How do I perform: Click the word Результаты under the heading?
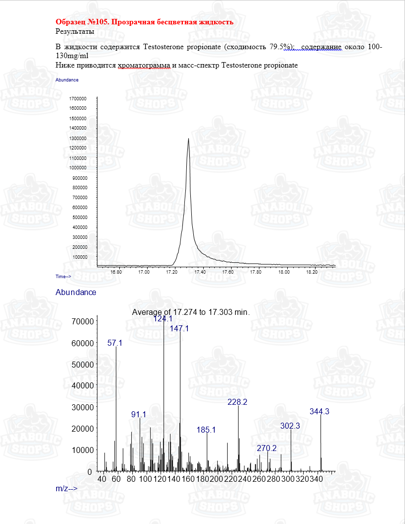tap(75, 31)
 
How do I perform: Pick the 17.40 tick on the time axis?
tap(200, 272)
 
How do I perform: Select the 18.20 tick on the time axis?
tap(312, 272)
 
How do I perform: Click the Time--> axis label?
tap(63, 276)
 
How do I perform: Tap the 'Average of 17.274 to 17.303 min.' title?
tap(191, 312)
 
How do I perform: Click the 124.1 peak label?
tap(163, 319)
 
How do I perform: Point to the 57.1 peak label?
tap(115, 343)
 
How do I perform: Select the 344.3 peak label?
tap(320, 411)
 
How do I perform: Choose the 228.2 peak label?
tap(238, 401)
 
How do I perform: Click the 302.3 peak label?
tap(290, 426)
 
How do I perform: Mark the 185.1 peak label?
tap(206, 430)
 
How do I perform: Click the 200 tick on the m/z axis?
tap(217, 479)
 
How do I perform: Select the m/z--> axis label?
tap(67, 489)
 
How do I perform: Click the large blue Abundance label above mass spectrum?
tap(76, 292)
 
